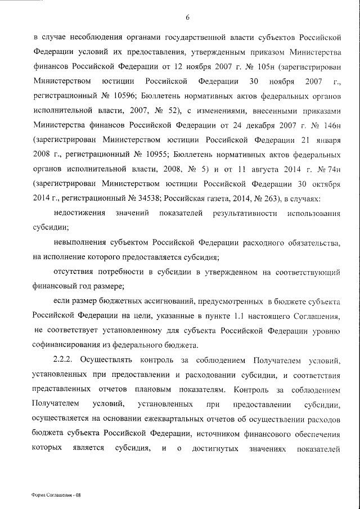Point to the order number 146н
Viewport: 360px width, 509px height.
tap(332, 124)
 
